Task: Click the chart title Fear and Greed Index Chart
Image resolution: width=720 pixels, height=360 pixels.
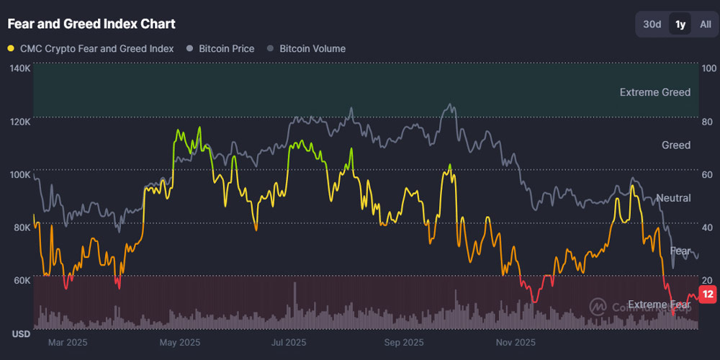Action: pos(91,24)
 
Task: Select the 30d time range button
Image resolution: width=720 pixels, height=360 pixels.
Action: pos(652,24)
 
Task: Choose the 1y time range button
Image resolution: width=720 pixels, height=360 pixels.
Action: pos(680,24)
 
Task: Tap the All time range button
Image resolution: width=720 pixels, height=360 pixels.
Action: pos(705,24)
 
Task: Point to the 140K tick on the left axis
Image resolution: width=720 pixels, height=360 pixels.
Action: pos(19,68)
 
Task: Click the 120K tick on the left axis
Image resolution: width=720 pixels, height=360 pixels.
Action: pos(19,122)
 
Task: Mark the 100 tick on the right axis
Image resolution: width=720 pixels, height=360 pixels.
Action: pos(708,68)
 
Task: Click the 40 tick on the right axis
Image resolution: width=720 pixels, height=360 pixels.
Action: pos(708,227)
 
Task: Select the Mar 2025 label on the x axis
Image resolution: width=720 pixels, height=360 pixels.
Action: pos(68,342)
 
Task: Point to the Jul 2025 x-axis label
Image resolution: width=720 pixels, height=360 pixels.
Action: pos(288,342)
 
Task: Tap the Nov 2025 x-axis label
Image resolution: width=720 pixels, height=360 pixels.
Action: pos(516,342)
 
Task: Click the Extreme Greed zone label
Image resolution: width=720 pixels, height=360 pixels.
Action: pos(654,92)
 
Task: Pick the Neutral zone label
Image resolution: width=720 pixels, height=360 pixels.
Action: pos(673,198)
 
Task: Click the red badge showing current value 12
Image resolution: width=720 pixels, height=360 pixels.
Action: pos(708,294)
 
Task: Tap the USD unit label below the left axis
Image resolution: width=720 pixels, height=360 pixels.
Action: pos(20,335)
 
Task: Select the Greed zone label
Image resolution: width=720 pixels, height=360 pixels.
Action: pos(676,145)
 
